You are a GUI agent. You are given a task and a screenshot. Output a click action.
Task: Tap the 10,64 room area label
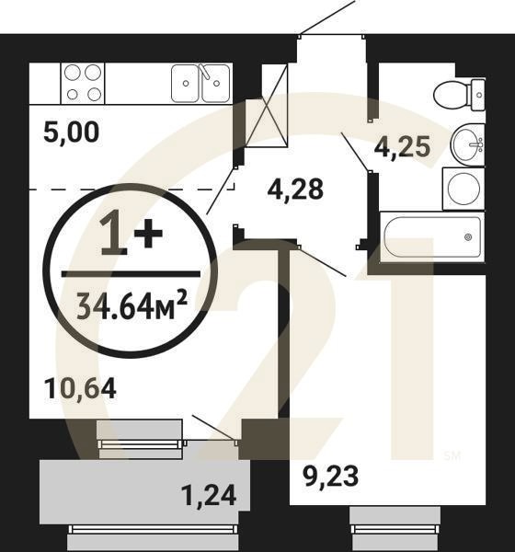[x=80, y=388]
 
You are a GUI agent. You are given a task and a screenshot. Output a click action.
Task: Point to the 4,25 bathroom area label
[x=403, y=146]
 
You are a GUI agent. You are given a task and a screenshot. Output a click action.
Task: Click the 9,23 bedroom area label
[x=330, y=476]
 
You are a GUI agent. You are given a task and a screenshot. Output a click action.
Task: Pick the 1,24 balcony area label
[x=210, y=497]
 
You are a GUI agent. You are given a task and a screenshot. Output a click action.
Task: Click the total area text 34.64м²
[x=131, y=301]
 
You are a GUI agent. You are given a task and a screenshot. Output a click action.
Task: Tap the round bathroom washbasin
[x=469, y=144]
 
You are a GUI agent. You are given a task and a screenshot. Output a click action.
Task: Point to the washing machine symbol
[x=463, y=189]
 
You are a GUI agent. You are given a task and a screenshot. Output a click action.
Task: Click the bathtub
[x=432, y=237]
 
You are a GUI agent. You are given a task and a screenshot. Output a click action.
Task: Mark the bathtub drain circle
[x=468, y=237]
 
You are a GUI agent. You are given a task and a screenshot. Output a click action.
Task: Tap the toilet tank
[x=478, y=92]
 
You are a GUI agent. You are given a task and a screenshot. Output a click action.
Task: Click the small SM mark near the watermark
[x=452, y=454]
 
